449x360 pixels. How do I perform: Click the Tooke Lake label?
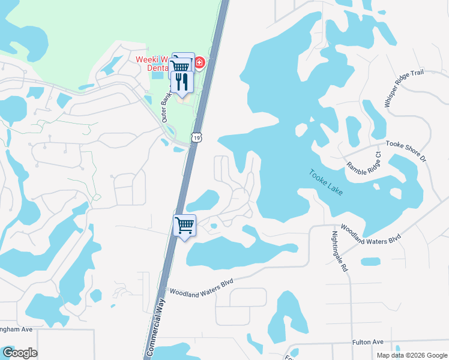(x=327, y=182)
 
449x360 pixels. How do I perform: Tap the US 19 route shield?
(x=196, y=138)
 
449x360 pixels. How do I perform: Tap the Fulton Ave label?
(x=369, y=341)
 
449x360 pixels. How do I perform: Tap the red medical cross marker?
(x=199, y=62)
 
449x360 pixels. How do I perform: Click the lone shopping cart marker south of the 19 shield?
(x=184, y=226)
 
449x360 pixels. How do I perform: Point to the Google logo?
(x=20, y=353)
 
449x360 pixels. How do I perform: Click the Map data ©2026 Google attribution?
(x=411, y=355)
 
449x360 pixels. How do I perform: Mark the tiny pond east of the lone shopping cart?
(x=213, y=226)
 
